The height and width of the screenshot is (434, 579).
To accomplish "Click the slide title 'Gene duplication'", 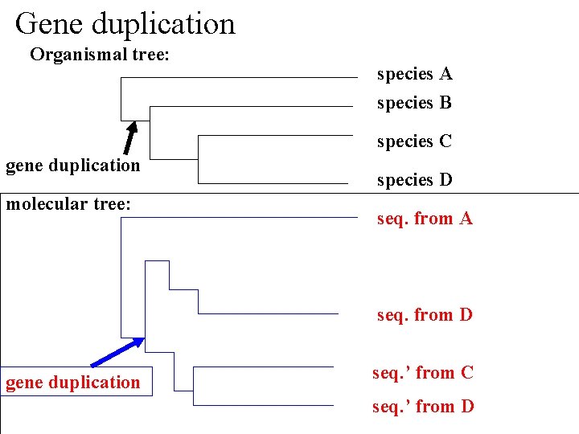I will (125, 23).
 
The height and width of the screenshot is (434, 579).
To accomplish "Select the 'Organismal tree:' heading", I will (104, 55).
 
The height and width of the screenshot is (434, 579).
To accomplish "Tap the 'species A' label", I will (414, 74).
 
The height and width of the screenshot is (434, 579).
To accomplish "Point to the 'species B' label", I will (414, 103).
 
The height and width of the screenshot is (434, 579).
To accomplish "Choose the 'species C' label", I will (414, 141).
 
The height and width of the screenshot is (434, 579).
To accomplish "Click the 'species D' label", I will (414, 180).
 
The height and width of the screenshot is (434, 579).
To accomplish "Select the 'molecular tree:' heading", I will (68, 204).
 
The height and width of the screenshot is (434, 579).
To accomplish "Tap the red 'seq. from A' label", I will (425, 219).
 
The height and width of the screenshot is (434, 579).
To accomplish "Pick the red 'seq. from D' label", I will (425, 315).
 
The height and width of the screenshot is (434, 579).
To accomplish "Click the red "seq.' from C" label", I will (422, 373).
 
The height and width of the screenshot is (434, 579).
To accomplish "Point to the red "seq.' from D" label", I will (422, 407).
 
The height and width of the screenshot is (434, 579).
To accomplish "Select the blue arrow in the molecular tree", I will (117, 351).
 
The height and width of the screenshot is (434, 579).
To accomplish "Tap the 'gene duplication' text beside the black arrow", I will (72, 166).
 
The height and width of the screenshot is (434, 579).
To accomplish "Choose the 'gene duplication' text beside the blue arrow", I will (72, 383).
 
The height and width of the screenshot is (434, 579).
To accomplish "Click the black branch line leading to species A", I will (241, 77).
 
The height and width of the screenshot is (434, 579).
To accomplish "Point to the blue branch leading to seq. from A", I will (241, 218).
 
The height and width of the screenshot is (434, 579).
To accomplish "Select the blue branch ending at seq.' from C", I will (265, 367).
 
